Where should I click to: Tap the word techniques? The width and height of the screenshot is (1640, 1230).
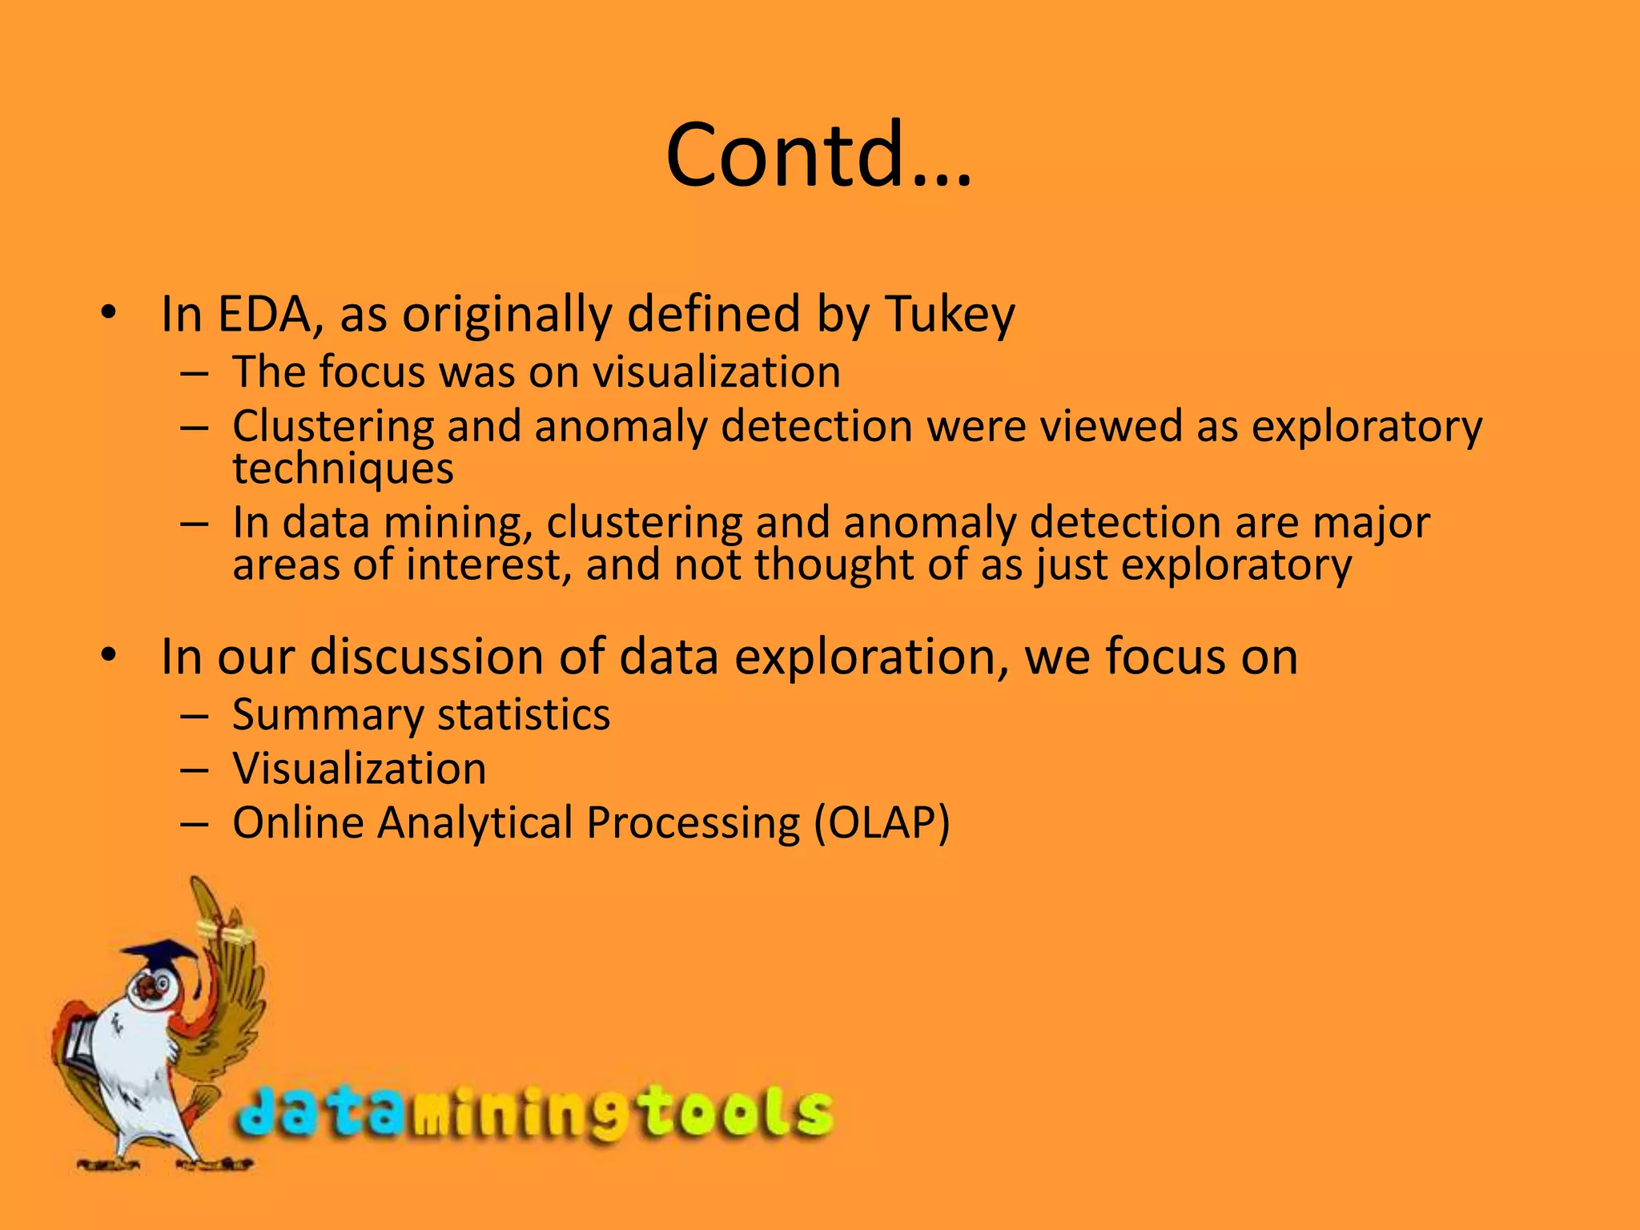pyautogui.click(x=343, y=468)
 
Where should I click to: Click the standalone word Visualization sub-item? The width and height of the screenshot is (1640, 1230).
pyautogui.click(x=360, y=769)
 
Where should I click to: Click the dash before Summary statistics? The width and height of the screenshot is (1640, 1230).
pyautogui.click(x=195, y=715)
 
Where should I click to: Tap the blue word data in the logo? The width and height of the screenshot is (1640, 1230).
pyautogui.click(x=320, y=1115)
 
